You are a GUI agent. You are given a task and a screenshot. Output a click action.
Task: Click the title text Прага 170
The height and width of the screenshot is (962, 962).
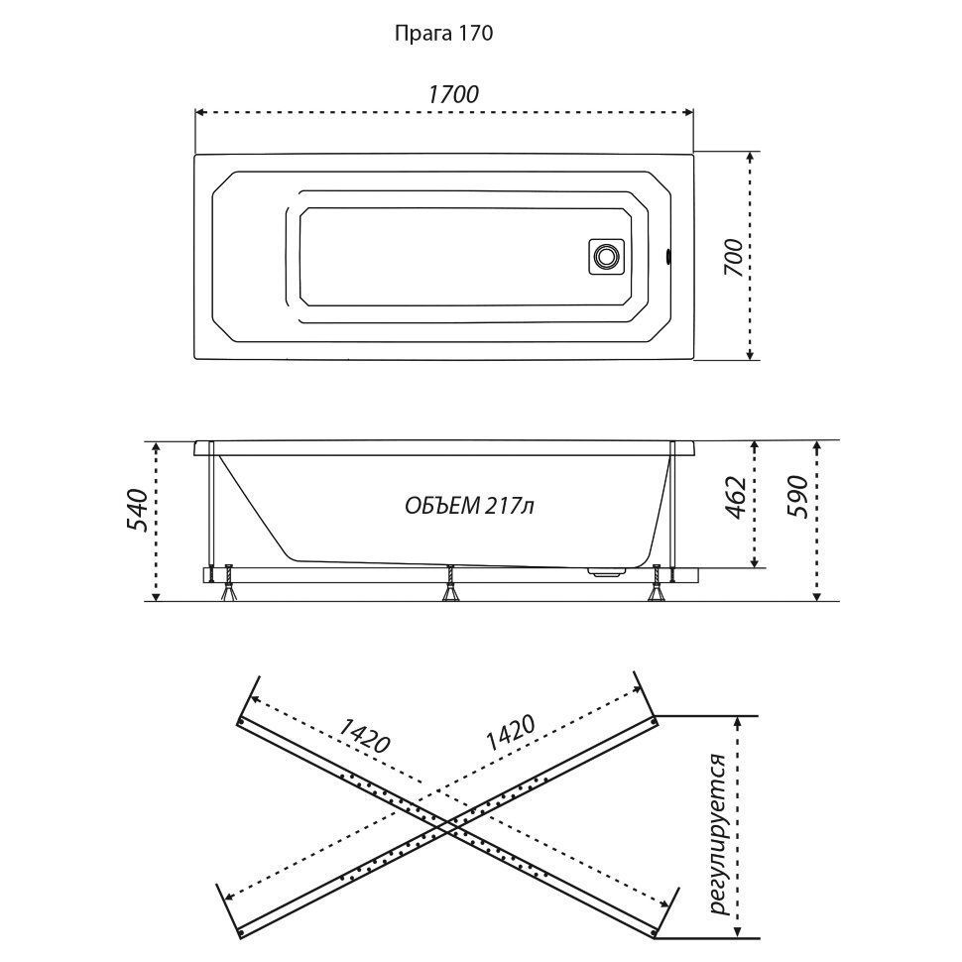pos(443,33)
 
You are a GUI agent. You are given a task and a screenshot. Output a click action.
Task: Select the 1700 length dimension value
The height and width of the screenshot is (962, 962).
pos(453,94)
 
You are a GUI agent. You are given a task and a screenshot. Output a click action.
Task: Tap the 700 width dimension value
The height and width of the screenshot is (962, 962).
pos(734,258)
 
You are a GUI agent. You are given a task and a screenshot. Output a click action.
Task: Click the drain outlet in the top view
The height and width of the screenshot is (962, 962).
pos(607,256)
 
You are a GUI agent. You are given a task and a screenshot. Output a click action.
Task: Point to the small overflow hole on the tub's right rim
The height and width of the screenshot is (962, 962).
pos(668,256)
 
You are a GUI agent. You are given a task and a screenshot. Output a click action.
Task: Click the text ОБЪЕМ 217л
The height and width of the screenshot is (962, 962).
pos(469,506)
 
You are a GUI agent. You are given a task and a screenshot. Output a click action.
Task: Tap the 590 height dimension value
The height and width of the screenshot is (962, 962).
pos(797,497)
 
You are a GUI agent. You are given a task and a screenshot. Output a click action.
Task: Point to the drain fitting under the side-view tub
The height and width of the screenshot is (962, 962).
pos(607,571)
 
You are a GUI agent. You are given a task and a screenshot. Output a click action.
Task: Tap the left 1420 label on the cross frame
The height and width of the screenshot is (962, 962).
pos(364,735)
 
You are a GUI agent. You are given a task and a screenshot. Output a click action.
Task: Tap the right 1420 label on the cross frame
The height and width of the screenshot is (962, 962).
pos(511,733)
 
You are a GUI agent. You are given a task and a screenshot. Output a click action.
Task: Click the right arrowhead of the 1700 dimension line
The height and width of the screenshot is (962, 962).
pos(689,112)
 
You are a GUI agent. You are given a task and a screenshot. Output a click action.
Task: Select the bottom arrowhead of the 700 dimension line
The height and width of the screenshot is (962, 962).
pos(750,355)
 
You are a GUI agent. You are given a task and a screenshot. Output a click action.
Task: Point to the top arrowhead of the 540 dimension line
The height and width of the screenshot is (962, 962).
pos(157,445)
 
